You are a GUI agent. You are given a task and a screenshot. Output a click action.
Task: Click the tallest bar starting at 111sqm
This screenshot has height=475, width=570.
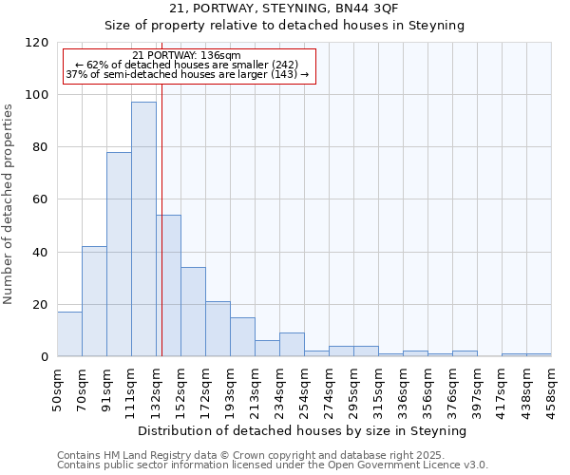pyautogui.click(x=143, y=229)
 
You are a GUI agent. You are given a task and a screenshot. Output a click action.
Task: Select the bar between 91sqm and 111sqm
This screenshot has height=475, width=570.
pyautogui.click(x=119, y=254)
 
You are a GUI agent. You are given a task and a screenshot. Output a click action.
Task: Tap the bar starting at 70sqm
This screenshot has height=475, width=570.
pyautogui.click(x=94, y=301)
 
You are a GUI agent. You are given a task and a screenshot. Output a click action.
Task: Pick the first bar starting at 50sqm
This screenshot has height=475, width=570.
pyautogui.click(x=69, y=333)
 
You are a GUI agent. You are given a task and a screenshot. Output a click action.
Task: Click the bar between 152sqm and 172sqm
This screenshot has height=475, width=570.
pyautogui.click(x=193, y=312)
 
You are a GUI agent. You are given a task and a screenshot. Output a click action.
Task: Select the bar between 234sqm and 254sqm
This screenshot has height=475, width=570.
pyautogui.click(x=292, y=345)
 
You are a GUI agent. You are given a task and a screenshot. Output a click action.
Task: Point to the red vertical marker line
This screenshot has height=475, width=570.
pyautogui.click(x=162, y=218)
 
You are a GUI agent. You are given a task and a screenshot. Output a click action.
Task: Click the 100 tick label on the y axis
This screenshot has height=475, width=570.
pyautogui.click(x=37, y=95)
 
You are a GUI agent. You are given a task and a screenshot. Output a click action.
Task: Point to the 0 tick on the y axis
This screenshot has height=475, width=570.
pyautogui.click(x=45, y=357)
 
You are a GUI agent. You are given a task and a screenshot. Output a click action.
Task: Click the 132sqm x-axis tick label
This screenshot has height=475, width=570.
pyautogui.click(x=156, y=388)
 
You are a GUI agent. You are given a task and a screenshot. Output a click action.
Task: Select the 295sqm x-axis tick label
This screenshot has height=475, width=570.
pyautogui.click(x=353, y=388)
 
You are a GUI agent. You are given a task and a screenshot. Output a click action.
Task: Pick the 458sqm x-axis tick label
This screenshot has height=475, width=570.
pyautogui.click(x=551, y=388)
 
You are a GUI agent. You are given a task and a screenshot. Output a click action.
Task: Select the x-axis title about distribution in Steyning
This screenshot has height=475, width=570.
pyautogui.click(x=303, y=431)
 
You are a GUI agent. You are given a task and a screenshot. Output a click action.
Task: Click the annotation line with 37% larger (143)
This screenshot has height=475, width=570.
pyautogui.click(x=187, y=74)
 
